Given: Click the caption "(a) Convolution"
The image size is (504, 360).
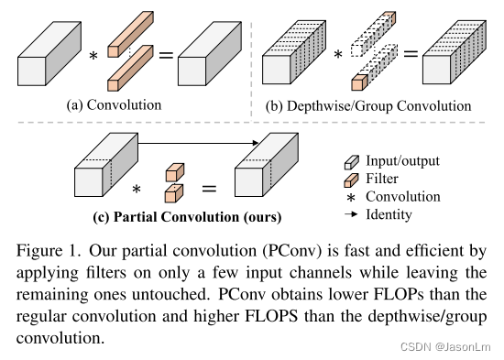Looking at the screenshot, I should (x=114, y=104).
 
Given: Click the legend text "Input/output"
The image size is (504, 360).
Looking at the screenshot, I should (x=400, y=160).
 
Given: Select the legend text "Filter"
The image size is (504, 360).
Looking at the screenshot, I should (x=383, y=179).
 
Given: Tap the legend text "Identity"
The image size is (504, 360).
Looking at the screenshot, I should (x=389, y=214).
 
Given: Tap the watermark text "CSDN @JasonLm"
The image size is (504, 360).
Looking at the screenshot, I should (x=451, y=348).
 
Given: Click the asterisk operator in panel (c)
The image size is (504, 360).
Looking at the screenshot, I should (x=137, y=190).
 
